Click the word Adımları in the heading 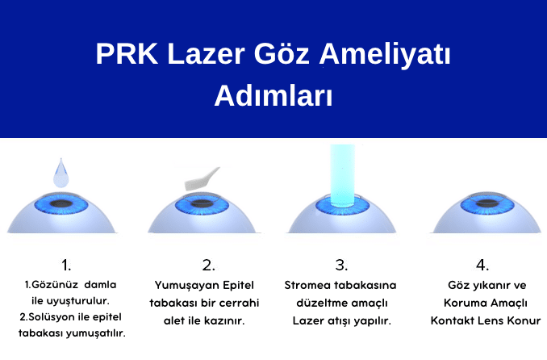273,95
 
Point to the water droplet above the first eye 62,172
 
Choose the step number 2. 208,265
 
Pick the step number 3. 341,265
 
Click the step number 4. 482,265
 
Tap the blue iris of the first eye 63,205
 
